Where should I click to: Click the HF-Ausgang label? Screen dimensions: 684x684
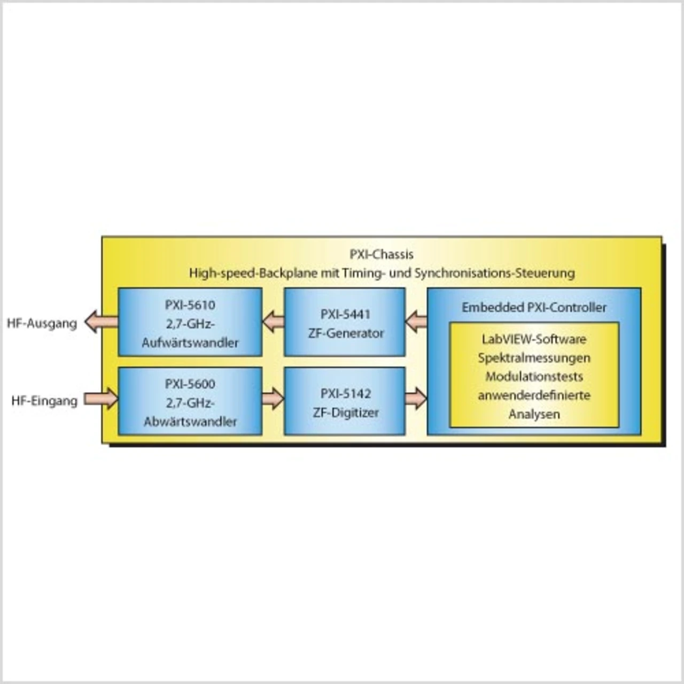(42, 323)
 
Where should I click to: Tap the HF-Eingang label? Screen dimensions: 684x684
(44, 401)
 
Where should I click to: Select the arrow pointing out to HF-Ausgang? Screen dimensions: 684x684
(100, 322)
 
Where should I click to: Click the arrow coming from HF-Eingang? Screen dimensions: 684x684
(101, 399)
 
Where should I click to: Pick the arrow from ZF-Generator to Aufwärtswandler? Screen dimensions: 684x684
(273, 322)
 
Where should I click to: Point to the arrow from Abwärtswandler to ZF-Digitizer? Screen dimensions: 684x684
(273, 399)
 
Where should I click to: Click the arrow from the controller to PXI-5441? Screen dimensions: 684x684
(416, 322)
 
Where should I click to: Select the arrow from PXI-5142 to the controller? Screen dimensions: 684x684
(416, 399)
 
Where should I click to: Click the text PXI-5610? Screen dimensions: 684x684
(190, 305)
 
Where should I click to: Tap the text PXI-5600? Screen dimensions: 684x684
(190, 384)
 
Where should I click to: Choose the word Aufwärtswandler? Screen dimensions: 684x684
(190, 343)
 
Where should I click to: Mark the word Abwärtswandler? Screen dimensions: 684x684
(190, 422)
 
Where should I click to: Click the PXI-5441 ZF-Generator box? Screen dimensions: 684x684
(345, 322)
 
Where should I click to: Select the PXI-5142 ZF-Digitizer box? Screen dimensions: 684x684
(345, 401)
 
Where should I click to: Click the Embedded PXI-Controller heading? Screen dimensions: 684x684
(534, 307)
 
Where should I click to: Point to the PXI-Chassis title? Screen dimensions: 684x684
(382, 254)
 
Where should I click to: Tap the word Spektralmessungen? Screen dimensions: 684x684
(534, 357)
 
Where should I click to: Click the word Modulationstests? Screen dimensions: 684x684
(534, 376)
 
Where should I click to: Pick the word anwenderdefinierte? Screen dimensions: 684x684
(534, 395)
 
